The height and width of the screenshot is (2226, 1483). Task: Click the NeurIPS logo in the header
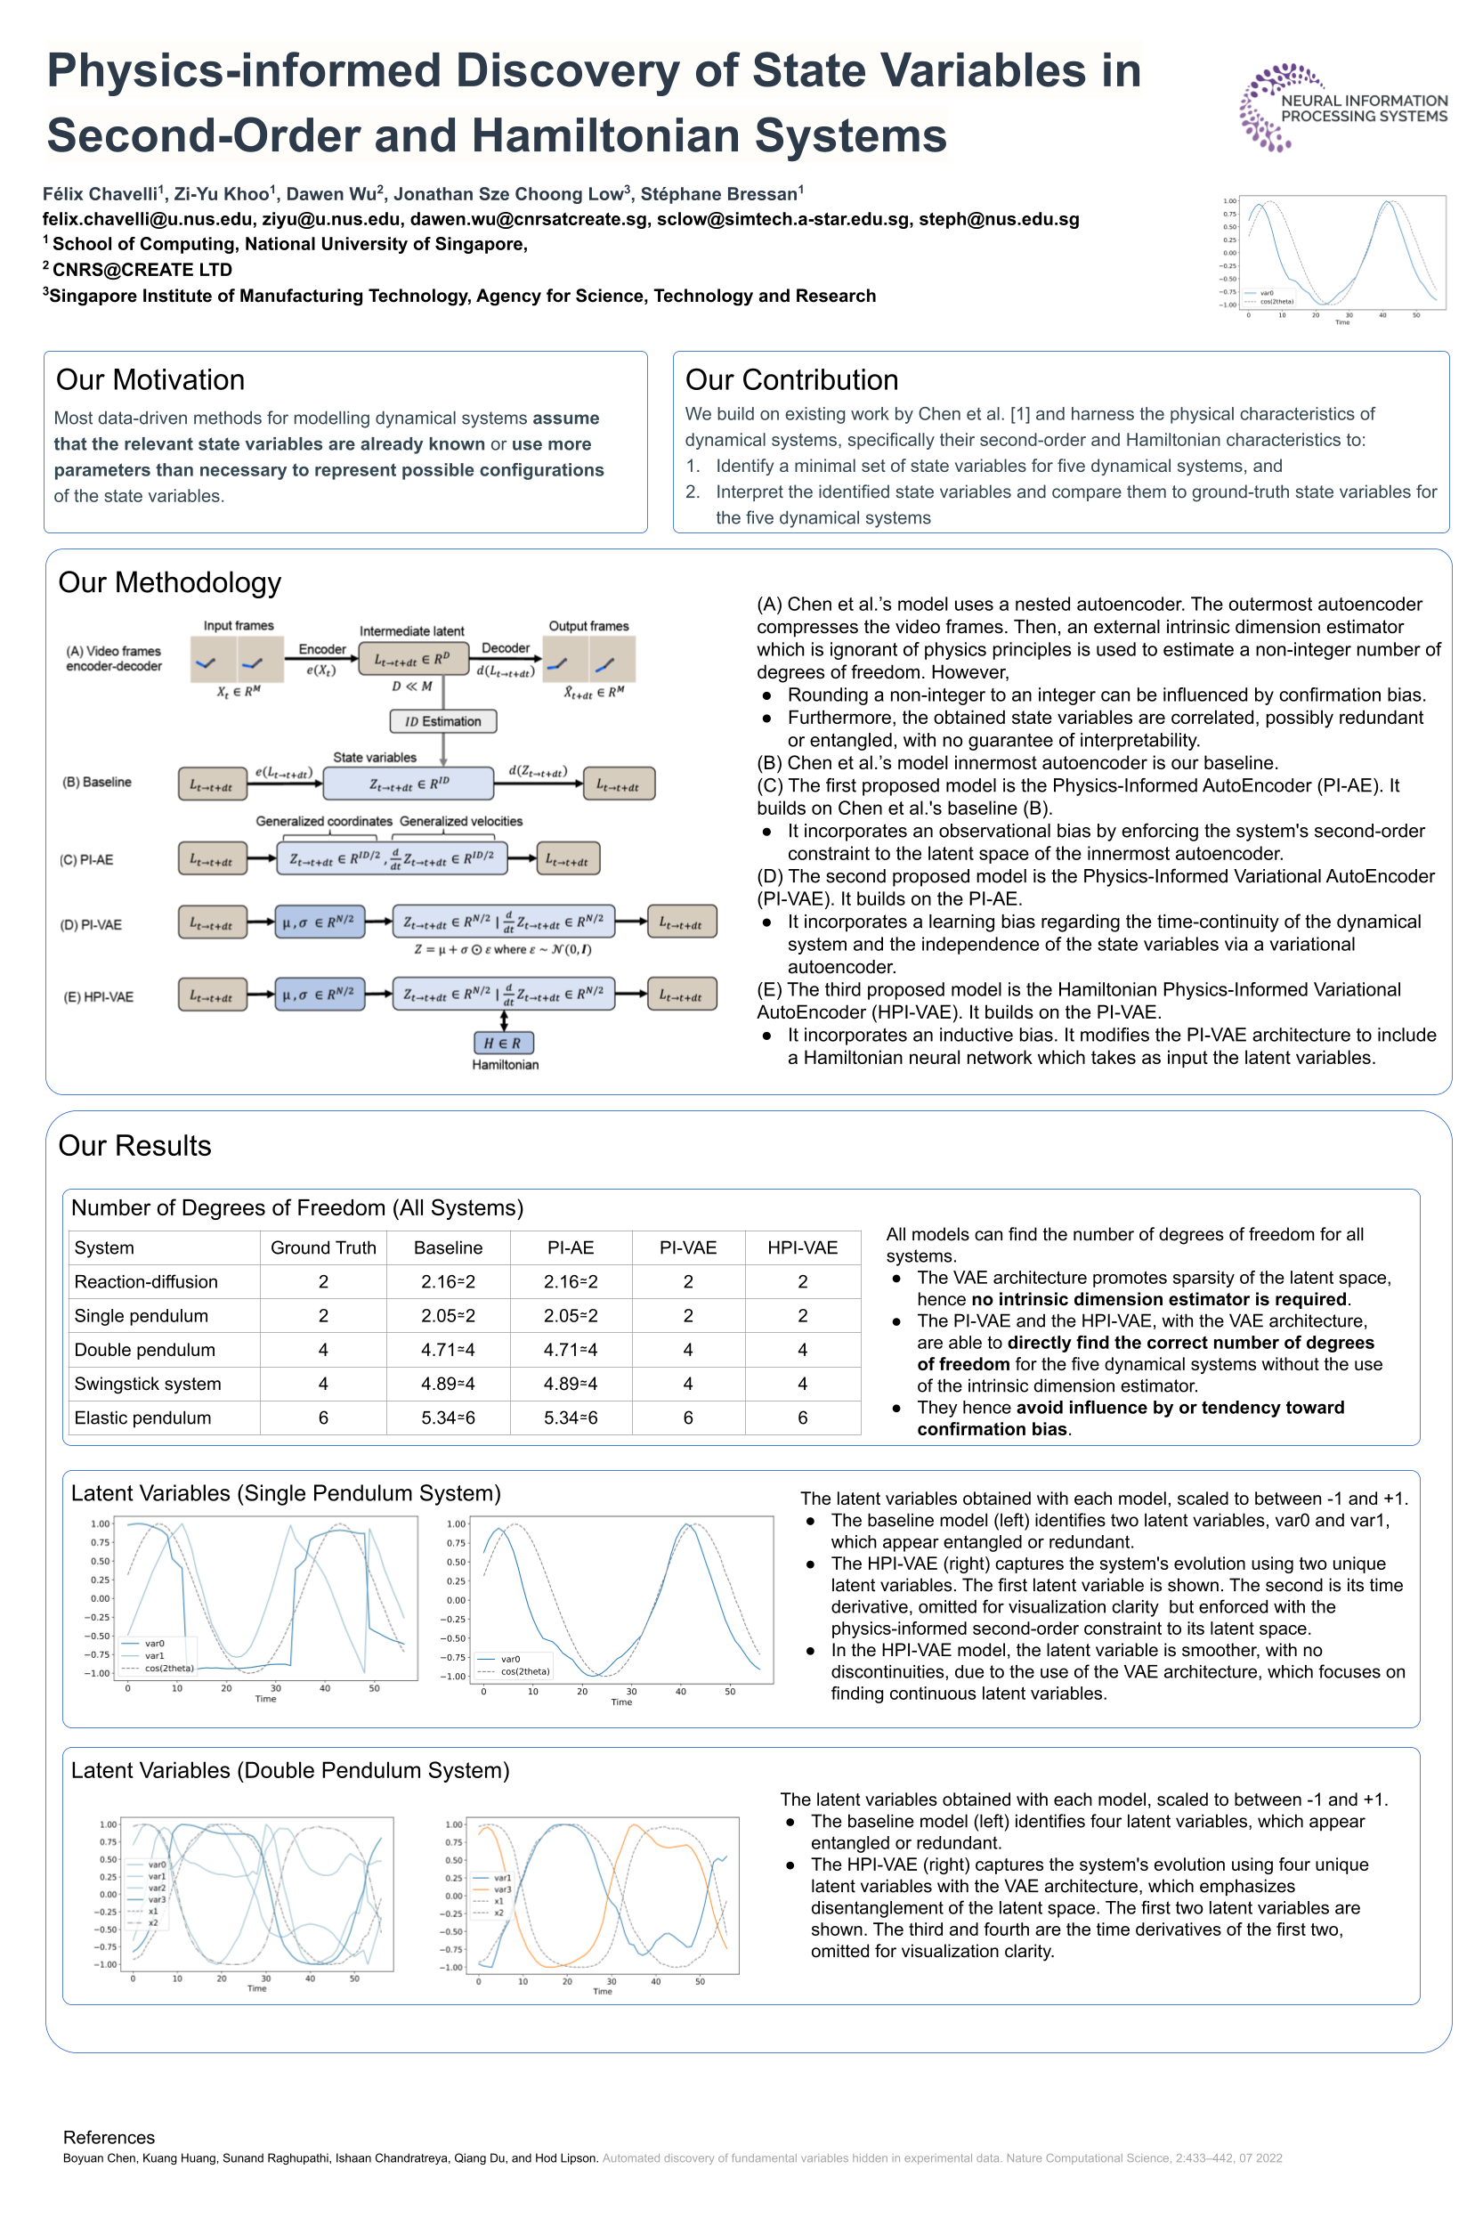pyautogui.click(x=1342, y=108)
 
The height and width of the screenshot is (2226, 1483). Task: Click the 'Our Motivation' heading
pyautogui.click(x=150, y=380)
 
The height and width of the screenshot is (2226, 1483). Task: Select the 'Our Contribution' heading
pyautogui.click(x=790, y=380)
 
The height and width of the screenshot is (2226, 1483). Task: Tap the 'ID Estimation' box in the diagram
pyautogui.click(x=442, y=721)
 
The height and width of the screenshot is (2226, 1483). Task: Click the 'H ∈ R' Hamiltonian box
pyautogui.click(x=503, y=1043)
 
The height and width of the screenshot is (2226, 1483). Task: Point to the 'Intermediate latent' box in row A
pyautogui.click(x=412, y=660)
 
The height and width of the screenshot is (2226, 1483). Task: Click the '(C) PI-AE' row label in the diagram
pyautogui.click(x=86, y=860)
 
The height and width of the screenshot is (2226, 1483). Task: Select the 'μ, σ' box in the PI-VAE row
pyautogui.click(x=319, y=922)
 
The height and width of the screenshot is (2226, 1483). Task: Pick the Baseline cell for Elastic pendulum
pyautogui.click(x=448, y=1418)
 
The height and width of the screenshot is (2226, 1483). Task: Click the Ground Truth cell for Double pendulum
pyautogui.click(x=322, y=1350)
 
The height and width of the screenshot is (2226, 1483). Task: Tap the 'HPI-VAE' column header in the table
pyautogui.click(x=802, y=1247)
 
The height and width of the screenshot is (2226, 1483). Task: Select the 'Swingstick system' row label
pyautogui.click(x=148, y=1384)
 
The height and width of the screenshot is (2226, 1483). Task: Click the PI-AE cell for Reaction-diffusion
pyautogui.click(x=571, y=1282)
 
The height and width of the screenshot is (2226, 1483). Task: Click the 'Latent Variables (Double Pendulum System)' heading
pyautogui.click(x=289, y=1770)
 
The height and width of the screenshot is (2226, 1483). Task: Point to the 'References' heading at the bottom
pyautogui.click(x=109, y=2137)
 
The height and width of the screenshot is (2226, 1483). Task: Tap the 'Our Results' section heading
pyautogui.click(x=134, y=1146)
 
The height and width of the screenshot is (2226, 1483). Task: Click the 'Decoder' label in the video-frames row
pyautogui.click(x=505, y=648)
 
